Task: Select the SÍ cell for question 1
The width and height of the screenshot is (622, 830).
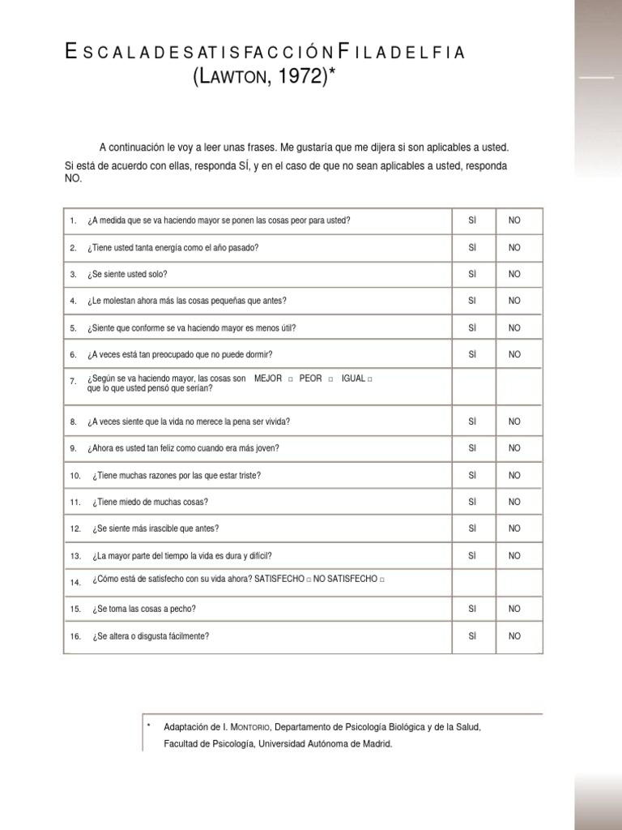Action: [x=473, y=220]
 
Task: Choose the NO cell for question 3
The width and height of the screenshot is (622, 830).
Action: [x=514, y=274]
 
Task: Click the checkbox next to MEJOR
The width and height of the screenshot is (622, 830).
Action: [x=289, y=379]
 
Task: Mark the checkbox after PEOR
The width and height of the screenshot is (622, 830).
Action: [x=330, y=379]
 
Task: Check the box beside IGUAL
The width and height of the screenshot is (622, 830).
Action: [x=370, y=379]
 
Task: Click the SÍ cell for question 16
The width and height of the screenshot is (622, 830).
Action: [x=473, y=635]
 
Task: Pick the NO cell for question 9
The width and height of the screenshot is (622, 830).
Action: [x=514, y=448]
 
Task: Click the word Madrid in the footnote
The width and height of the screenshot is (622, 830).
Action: [x=377, y=742]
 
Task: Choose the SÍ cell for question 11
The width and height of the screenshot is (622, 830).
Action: [x=473, y=502]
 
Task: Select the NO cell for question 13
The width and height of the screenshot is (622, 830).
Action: [x=514, y=555]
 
